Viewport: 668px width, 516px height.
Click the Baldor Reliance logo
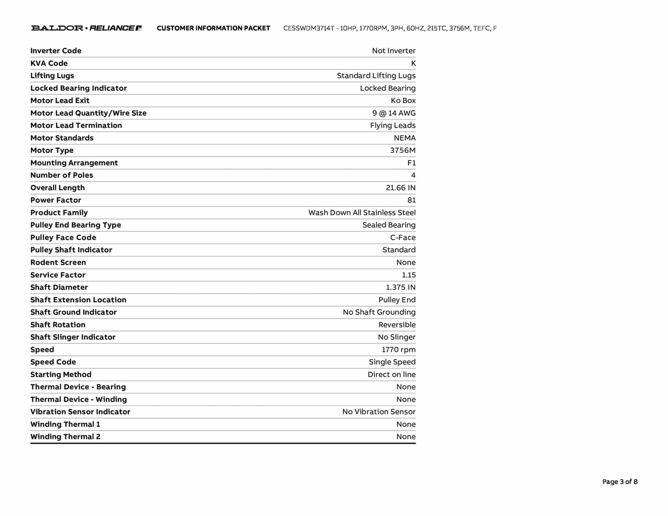pyautogui.click(x=86, y=28)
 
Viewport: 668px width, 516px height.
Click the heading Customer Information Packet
pyautogui.click(x=213, y=28)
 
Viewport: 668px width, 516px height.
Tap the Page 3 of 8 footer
pyautogui.click(x=619, y=482)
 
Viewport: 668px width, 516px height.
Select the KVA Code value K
pyautogui.click(x=413, y=63)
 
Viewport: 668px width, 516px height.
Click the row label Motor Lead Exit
pyautogui.click(x=60, y=100)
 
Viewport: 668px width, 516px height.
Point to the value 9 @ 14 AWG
pyautogui.click(x=394, y=113)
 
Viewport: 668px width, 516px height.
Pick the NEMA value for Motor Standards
pyautogui.click(x=404, y=138)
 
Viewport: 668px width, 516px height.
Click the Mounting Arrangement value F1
pyautogui.click(x=411, y=163)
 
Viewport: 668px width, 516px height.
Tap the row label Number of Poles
pyautogui.click(x=62, y=175)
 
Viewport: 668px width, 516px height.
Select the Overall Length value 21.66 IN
pyautogui.click(x=401, y=188)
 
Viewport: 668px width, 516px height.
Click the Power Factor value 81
pyautogui.click(x=411, y=200)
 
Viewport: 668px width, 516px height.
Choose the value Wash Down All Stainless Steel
pyautogui.click(x=362, y=213)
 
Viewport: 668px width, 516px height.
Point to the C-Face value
pyautogui.click(x=403, y=237)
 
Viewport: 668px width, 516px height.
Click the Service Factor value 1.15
pyautogui.click(x=409, y=275)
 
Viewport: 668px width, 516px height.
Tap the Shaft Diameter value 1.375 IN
pyautogui.click(x=401, y=287)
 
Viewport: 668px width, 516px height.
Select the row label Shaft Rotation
pyautogui.click(x=58, y=325)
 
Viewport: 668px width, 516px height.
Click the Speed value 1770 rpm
pyautogui.click(x=399, y=350)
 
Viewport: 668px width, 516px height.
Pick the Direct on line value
pyautogui.click(x=391, y=374)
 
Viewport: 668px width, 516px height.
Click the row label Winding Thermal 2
pyautogui.click(x=65, y=437)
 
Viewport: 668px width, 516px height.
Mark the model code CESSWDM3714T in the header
pyautogui.click(x=309, y=28)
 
